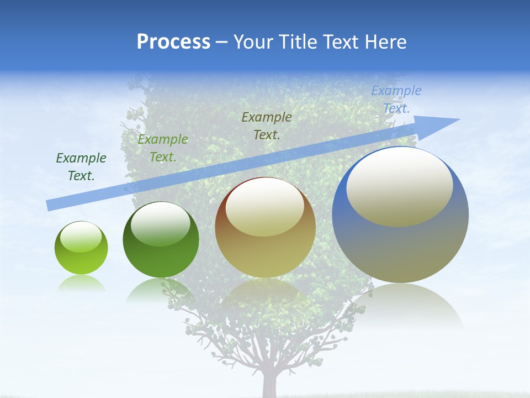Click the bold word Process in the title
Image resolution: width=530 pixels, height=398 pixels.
coord(173,42)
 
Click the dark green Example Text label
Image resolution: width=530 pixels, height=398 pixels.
coord(81,166)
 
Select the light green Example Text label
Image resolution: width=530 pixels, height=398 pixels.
coord(163,148)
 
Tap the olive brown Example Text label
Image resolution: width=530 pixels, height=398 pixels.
coord(267,125)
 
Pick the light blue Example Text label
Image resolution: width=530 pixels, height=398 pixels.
coord(396,99)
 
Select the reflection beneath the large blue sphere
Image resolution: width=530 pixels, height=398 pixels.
coord(400,307)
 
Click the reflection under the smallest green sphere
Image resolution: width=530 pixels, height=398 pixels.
coord(81,283)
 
